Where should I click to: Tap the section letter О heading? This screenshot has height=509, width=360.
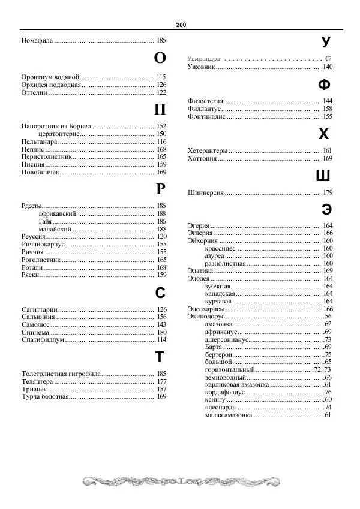160,58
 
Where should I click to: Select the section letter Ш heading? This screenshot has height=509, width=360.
323,176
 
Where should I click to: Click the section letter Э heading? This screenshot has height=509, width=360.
326,209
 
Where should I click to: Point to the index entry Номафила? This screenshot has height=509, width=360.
37,41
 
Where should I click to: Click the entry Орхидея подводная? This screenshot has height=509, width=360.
51,85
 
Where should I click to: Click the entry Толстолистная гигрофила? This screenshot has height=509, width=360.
61,374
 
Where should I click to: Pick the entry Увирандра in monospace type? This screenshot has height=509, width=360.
204,59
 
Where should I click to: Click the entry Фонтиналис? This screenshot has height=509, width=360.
207,116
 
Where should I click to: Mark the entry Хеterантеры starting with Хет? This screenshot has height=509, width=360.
208,150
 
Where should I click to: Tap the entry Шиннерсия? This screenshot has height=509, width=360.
206,193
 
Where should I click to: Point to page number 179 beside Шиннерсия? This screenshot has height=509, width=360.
328,193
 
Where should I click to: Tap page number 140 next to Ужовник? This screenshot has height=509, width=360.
328,67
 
